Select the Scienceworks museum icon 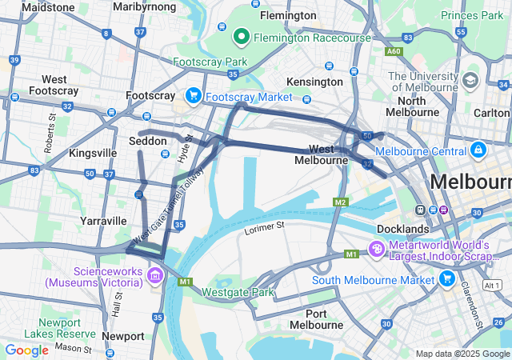[x=155, y=276]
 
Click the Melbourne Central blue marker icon [x=478, y=150]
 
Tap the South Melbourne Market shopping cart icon [x=446, y=279]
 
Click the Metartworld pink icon [x=376, y=250]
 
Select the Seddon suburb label [x=148, y=141]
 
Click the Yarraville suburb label [x=103, y=220]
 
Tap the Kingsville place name [x=93, y=152]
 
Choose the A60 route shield [x=393, y=51]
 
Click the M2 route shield [x=342, y=201]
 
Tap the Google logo [x=26, y=350]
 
